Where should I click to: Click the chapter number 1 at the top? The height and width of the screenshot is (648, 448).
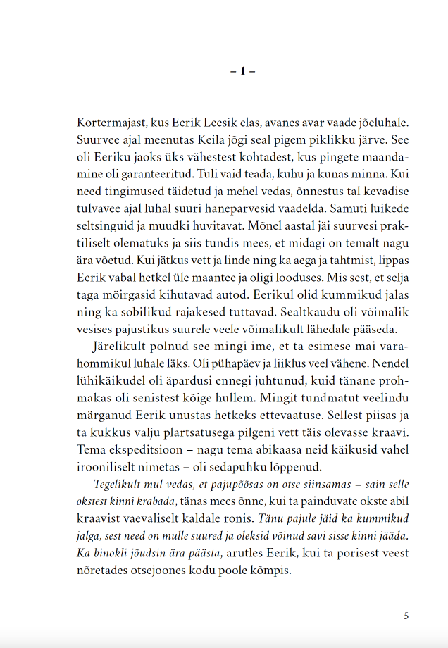coord(242,71)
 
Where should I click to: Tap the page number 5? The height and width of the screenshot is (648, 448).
coord(406,616)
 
